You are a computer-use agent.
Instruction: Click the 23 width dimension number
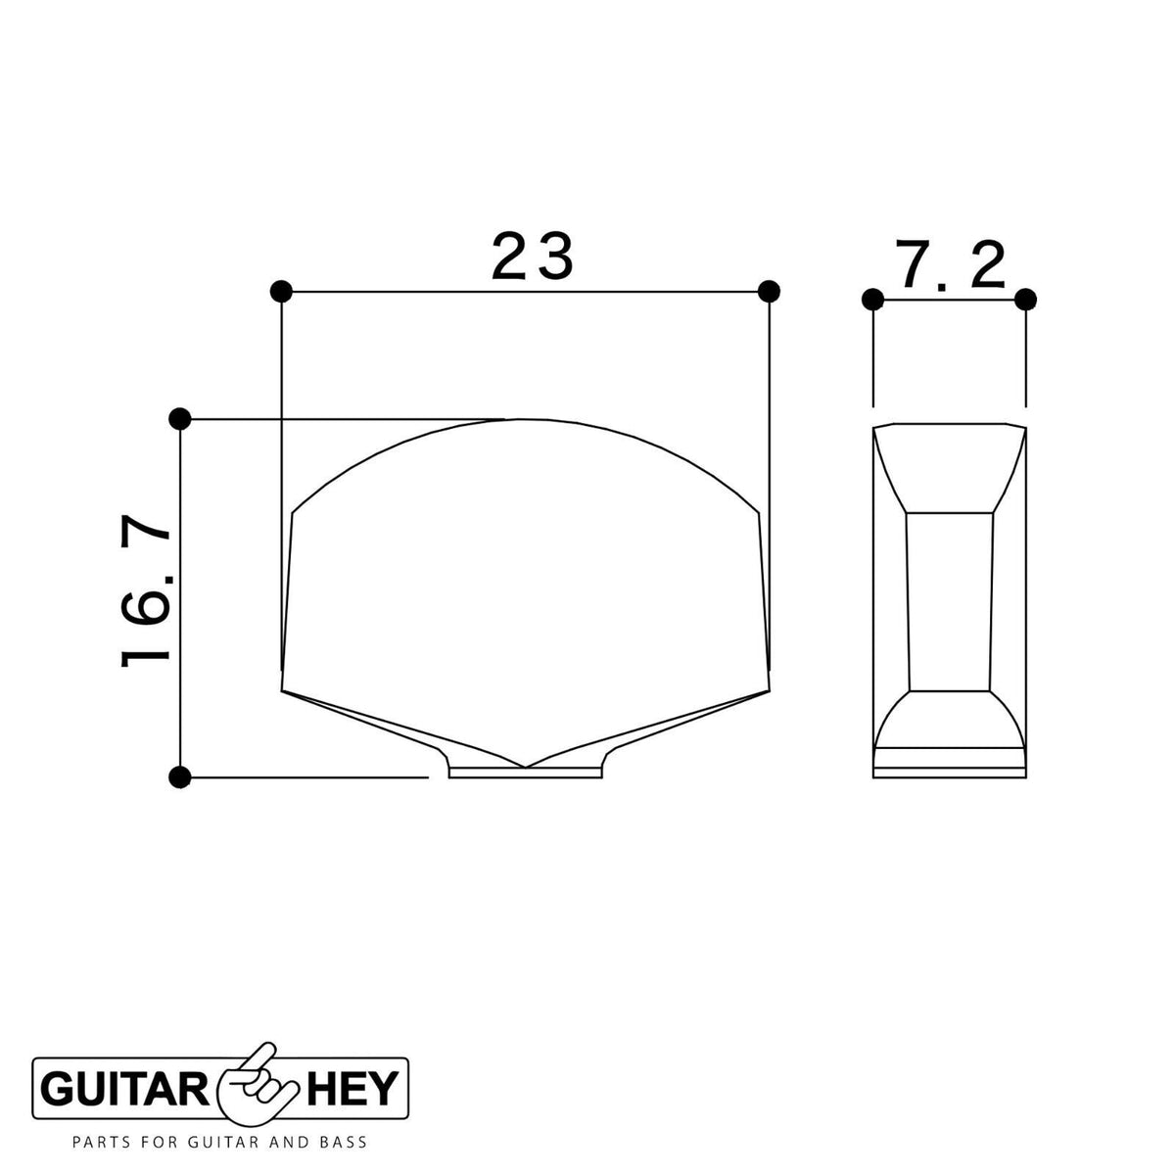533,257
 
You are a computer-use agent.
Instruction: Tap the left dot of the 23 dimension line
280,292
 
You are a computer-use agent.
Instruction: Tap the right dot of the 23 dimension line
769,292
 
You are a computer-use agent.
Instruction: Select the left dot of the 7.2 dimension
872,300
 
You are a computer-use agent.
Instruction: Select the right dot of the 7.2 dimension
1025,300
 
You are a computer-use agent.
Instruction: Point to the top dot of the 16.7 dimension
180,419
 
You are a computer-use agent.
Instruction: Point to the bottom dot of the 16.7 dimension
180,777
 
